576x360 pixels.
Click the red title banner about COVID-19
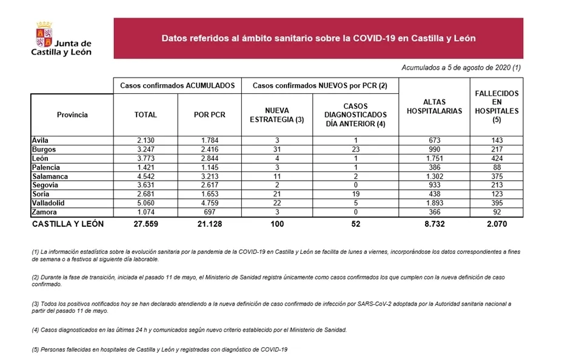pos(318,38)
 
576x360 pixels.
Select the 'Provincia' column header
pos(72,115)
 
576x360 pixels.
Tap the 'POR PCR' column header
pos(209,115)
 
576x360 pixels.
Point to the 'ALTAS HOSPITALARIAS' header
pos(434,107)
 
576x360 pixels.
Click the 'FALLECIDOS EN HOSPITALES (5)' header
pos(497,107)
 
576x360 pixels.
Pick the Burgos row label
pos(44,149)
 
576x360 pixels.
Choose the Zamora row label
pos(45,213)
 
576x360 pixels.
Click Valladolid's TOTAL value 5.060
pos(146,204)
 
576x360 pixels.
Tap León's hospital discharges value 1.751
pos(434,158)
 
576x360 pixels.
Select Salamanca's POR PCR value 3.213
pos(209,176)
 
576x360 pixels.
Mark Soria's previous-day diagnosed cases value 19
pos(355,195)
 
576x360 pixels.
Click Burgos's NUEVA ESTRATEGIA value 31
pos(277,149)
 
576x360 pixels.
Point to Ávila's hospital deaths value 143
pos(497,140)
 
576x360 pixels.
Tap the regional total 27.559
pos(146,224)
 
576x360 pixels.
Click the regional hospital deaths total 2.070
pos(497,224)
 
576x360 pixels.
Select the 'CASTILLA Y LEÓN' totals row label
pos(67,224)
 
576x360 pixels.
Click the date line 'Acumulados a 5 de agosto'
pos(461,67)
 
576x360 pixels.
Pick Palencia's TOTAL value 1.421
pos(146,167)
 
